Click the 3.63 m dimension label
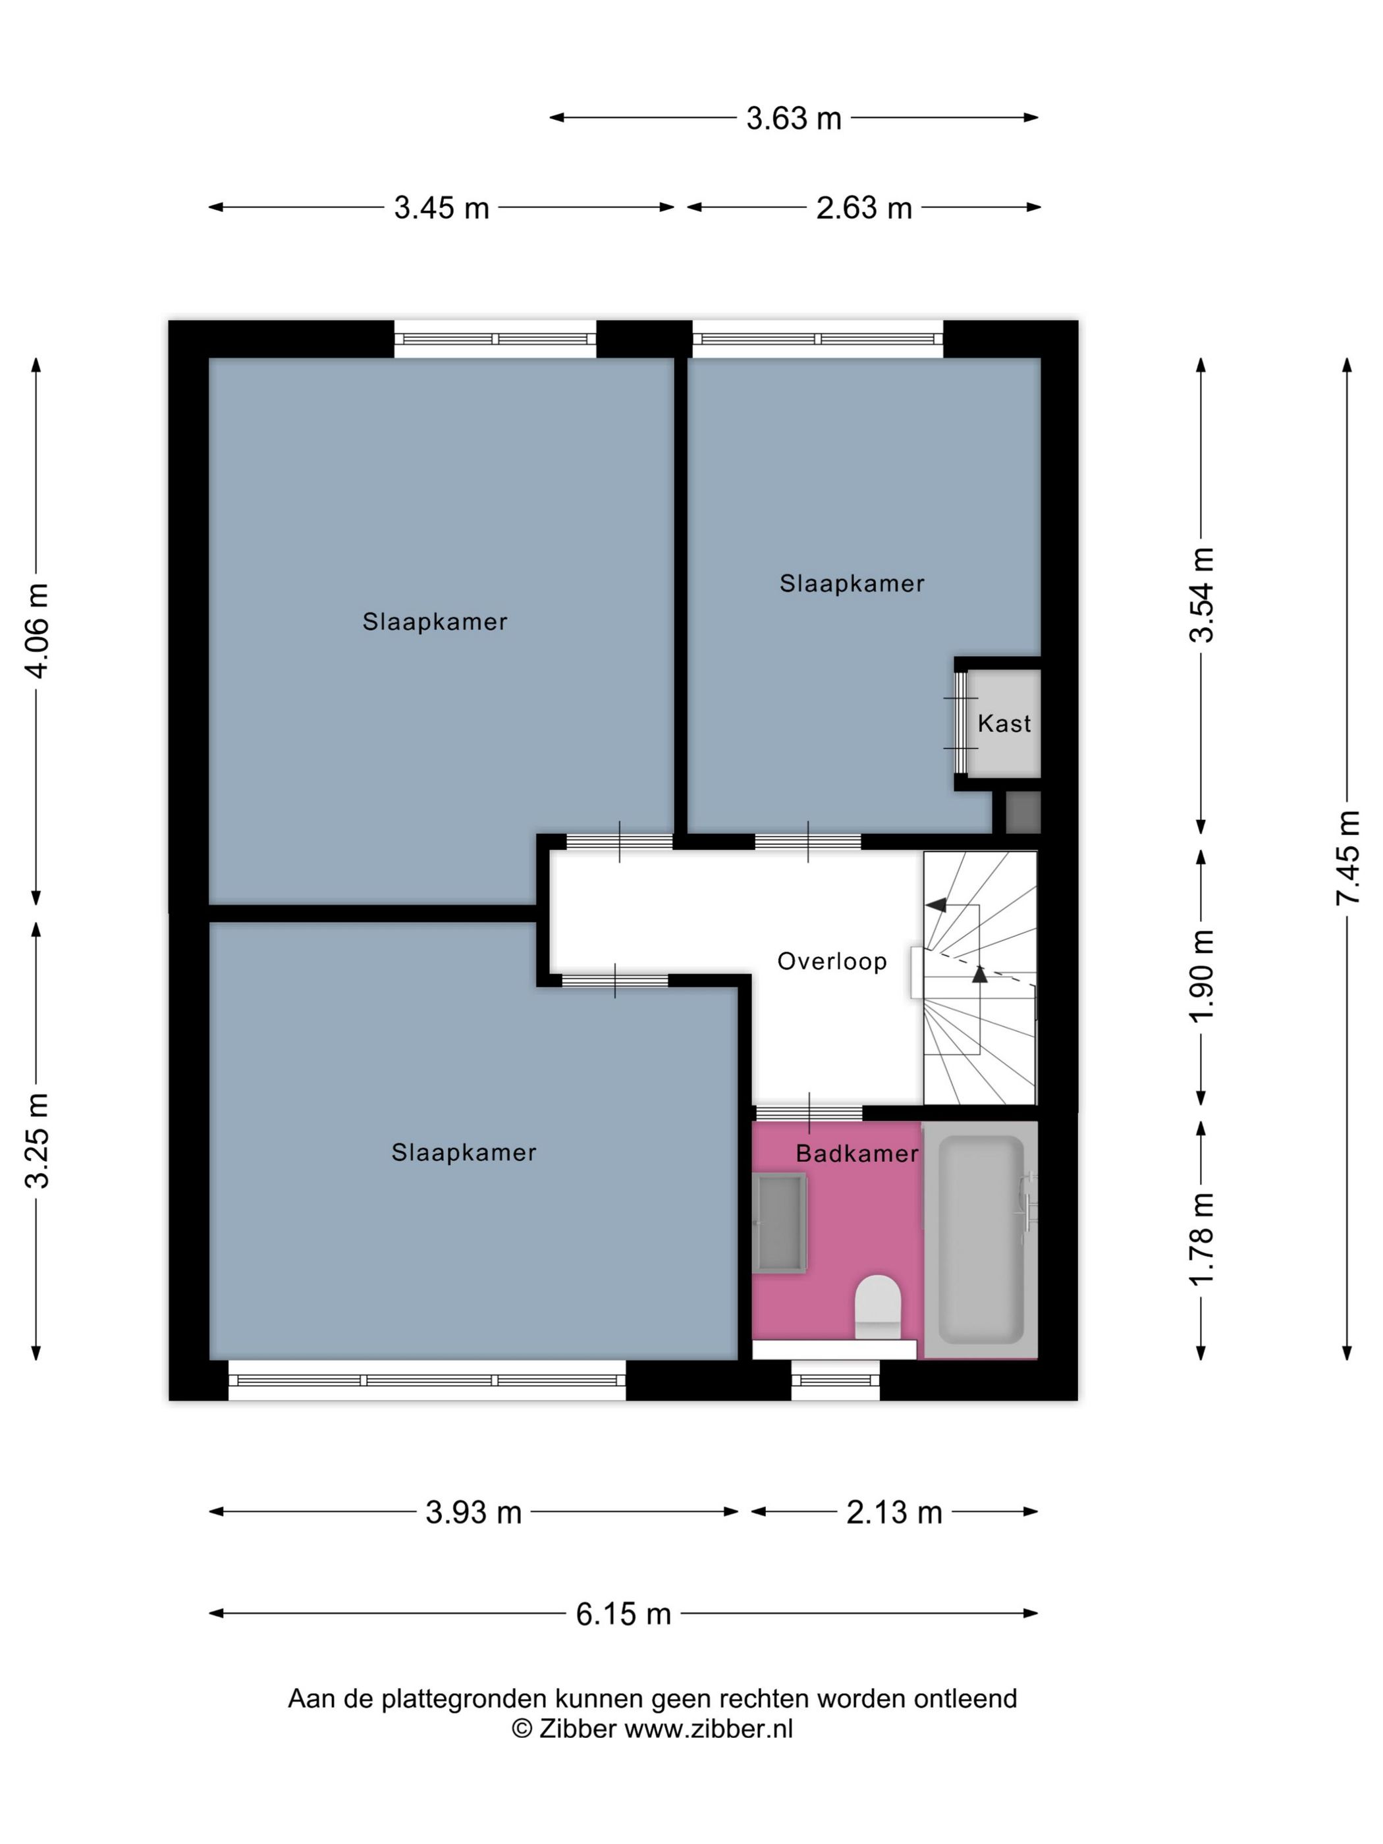[x=793, y=119]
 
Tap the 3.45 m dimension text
[x=441, y=207]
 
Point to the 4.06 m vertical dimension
[x=38, y=630]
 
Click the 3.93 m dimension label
[x=474, y=1511]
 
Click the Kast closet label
[x=1004, y=724]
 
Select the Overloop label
[x=832, y=961]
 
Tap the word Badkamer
[x=857, y=1154]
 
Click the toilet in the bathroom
[x=878, y=1307]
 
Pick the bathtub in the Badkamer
[x=981, y=1241]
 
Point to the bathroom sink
[x=780, y=1223]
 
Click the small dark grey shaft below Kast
[x=1023, y=813]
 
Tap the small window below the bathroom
[x=835, y=1380]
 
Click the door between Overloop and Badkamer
[x=809, y=1113]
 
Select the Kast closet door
[x=961, y=722]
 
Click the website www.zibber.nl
[x=709, y=1729]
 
